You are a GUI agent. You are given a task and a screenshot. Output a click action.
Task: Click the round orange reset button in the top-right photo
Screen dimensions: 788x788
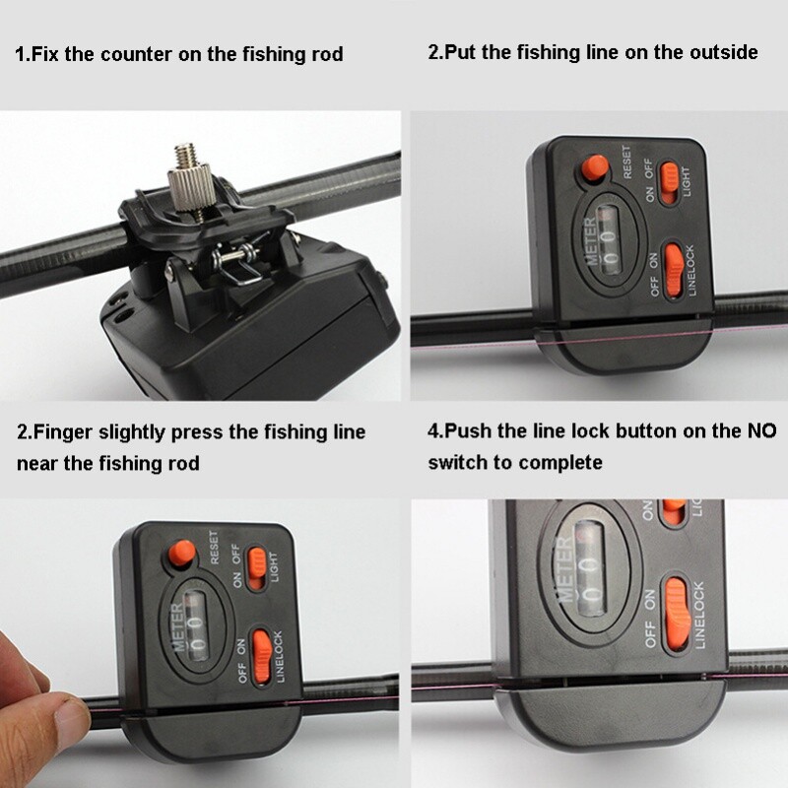(594, 168)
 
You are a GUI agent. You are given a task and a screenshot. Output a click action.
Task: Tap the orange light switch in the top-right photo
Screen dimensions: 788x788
(670, 178)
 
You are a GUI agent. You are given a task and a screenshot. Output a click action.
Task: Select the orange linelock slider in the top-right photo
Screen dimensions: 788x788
(673, 269)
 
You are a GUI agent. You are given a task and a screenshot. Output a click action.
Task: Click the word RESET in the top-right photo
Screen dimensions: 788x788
(626, 162)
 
